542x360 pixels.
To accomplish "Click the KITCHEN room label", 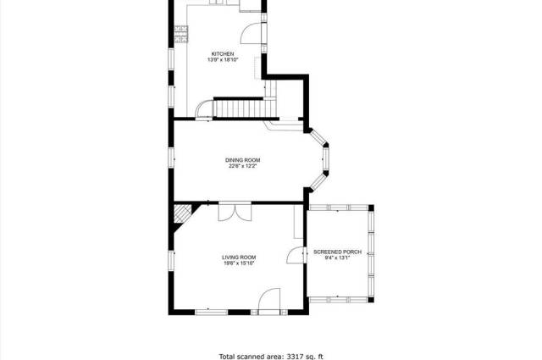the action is click(223, 54).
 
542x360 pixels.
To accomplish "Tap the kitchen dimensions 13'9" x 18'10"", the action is click(223, 60).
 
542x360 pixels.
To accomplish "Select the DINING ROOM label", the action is click(243, 160).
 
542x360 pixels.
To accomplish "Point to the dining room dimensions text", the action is click(243, 166).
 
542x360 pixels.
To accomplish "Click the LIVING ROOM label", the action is click(239, 258).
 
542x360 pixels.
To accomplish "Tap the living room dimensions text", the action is click(239, 263).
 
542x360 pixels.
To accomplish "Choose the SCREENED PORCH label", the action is click(337, 252).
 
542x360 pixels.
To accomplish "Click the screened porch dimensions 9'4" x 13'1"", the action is click(337, 258).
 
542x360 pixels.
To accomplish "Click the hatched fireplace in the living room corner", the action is click(182, 213).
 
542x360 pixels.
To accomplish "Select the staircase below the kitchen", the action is click(245, 108).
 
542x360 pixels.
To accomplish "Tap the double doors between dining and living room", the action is click(235, 212).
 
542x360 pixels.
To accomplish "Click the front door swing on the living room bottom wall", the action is click(269, 301).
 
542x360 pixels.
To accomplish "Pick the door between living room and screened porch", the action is click(296, 256).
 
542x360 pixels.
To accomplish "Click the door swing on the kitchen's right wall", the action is click(253, 33).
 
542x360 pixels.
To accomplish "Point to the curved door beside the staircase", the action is click(204, 109).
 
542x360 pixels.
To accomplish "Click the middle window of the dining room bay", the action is click(325, 159).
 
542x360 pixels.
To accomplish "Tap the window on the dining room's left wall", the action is click(171, 158).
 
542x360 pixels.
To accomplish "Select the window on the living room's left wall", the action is click(171, 261).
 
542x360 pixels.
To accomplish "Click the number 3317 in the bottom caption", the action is click(294, 357).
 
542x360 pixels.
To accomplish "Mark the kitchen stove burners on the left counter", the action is click(181, 34).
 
